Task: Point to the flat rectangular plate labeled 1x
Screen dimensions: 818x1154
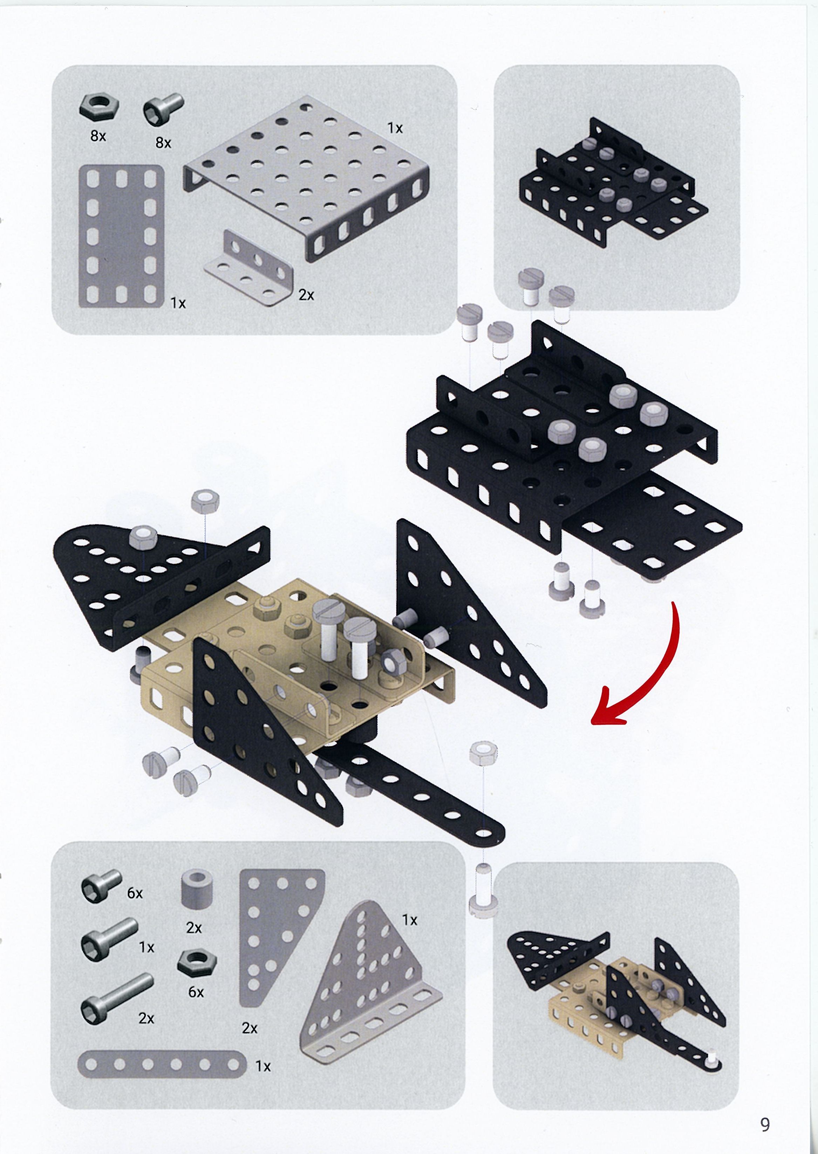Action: coord(121,236)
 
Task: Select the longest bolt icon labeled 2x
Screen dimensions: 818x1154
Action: coord(116,990)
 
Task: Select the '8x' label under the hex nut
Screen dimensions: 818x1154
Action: coord(98,136)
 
